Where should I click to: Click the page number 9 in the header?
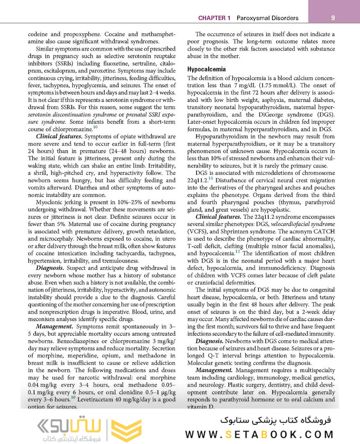coord(333,18)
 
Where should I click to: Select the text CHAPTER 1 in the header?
coord(214,18)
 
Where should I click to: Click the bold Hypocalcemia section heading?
coord(207,69)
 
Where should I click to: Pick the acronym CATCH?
coord(323,231)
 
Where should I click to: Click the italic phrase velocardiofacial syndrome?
coord(303,224)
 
